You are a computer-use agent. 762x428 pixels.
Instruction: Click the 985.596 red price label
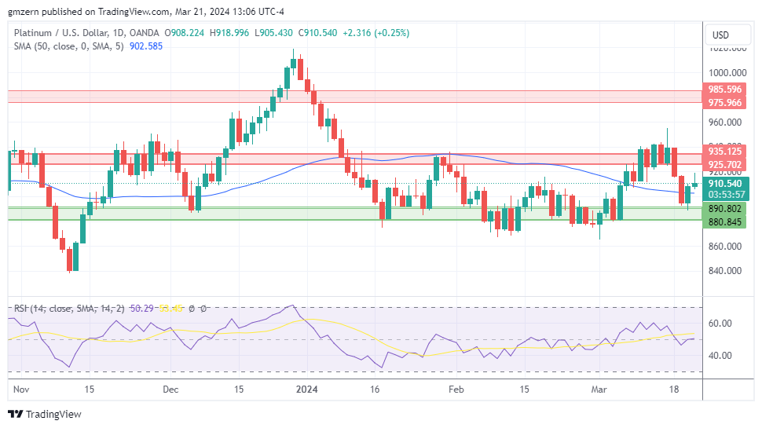pyautogui.click(x=725, y=90)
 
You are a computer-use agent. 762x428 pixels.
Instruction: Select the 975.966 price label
pyautogui.click(x=725, y=103)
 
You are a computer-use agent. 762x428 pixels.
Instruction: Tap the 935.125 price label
pyautogui.click(x=725, y=152)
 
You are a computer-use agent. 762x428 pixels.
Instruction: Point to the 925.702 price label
pyautogui.click(x=725, y=165)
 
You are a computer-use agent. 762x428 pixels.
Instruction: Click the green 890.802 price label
pyautogui.click(x=725, y=208)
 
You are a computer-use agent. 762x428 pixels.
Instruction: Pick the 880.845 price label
pyautogui.click(x=725, y=221)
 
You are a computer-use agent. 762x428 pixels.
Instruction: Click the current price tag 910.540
pyautogui.click(x=725, y=183)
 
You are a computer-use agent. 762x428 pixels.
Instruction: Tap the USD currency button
pyautogui.click(x=720, y=35)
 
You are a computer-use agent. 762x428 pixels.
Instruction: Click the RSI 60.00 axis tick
pyautogui.click(x=720, y=323)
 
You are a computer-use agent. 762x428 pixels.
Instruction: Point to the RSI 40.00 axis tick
pyautogui.click(x=720, y=355)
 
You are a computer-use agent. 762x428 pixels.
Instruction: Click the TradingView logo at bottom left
pyautogui.click(x=45, y=414)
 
